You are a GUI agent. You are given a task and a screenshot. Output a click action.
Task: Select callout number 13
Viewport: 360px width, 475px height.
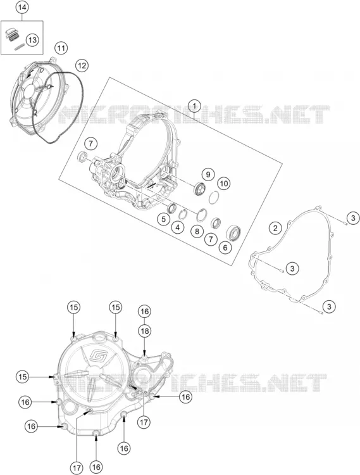pyautogui.click(x=32, y=40)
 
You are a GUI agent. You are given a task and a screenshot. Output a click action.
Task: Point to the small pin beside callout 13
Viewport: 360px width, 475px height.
pyautogui.click(x=20, y=47)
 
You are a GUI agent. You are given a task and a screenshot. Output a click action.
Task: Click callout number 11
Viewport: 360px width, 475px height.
pyautogui.click(x=61, y=48)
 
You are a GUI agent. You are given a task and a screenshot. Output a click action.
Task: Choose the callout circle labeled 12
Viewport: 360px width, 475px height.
pyautogui.click(x=82, y=65)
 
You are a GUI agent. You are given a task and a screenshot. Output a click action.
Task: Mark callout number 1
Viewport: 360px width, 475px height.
pyautogui.click(x=194, y=106)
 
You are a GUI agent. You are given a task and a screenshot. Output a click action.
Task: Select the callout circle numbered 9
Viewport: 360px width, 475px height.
pyautogui.click(x=208, y=174)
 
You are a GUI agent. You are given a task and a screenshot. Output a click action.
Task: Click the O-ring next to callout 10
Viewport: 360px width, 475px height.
pyautogui.click(x=214, y=198)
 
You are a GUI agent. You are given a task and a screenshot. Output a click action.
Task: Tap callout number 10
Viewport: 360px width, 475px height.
pyautogui.click(x=223, y=183)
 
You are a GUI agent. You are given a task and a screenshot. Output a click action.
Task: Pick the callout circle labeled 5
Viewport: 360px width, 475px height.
pyautogui.click(x=163, y=219)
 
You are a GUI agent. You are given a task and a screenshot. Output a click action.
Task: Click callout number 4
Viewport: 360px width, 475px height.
pyautogui.click(x=177, y=227)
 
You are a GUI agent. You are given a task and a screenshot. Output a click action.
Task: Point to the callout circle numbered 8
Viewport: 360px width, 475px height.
pyautogui.click(x=197, y=232)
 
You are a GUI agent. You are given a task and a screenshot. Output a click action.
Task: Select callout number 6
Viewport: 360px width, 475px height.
pyautogui.click(x=225, y=247)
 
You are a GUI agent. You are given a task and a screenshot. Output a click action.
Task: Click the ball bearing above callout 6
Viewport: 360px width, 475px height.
pyautogui.click(x=234, y=232)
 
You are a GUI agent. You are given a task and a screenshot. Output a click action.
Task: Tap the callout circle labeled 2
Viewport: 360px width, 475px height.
pyautogui.click(x=275, y=227)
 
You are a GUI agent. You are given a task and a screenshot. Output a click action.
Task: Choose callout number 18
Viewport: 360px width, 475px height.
pyautogui.click(x=145, y=331)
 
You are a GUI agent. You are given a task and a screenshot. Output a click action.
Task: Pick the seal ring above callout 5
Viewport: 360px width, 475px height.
pyautogui.click(x=173, y=208)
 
